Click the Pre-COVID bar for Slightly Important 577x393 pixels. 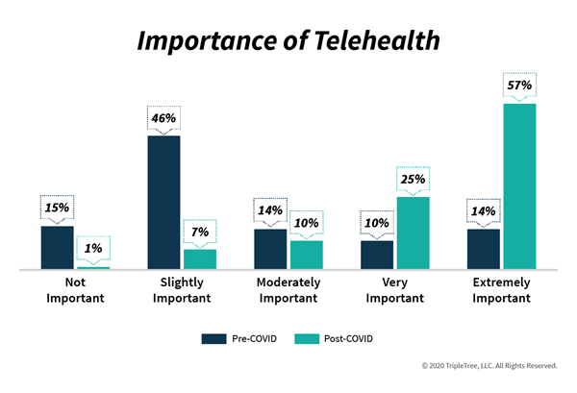163,202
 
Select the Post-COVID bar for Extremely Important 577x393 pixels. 519,186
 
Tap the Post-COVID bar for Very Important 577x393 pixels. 413,233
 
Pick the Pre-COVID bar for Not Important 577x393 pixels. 57,247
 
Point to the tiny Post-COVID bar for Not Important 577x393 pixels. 93,268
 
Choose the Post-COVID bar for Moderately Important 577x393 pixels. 307,255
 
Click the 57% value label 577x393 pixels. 519,86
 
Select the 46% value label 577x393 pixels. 163,118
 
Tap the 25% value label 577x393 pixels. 413,179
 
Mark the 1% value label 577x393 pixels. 93,249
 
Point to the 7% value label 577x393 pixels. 200,232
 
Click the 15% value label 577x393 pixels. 57,208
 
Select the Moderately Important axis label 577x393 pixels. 288,290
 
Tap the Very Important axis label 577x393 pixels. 395,290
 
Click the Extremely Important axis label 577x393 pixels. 502,290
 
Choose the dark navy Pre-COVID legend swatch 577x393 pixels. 213,338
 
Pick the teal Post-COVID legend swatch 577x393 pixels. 307,338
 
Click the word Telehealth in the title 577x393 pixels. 377,40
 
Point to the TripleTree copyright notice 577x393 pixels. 489,366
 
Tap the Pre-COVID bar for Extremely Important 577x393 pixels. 484,249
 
